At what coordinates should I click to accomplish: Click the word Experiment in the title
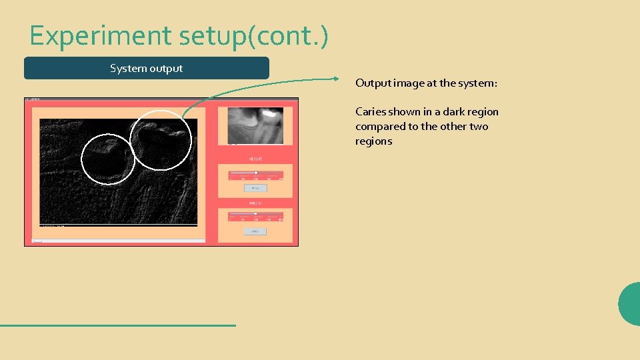[x=101, y=35]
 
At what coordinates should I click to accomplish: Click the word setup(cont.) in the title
[x=253, y=35]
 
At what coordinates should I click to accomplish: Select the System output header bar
[x=147, y=68]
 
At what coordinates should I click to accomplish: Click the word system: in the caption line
[x=477, y=83]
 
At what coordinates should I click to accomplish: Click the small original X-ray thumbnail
[x=255, y=125]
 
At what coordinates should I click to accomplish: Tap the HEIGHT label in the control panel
[x=255, y=159]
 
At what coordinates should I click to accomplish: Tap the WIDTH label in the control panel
[x=255, y=202]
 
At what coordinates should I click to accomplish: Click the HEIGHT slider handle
[x=255, y=173]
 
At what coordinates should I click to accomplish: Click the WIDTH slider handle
[x=255, y=214]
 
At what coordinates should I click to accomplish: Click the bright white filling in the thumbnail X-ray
[x=270, y=115]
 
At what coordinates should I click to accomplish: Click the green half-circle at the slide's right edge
[x=630, y=303]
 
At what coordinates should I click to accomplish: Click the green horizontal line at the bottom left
[x=117, y=325]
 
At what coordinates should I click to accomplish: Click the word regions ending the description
[x=373, y=141]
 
